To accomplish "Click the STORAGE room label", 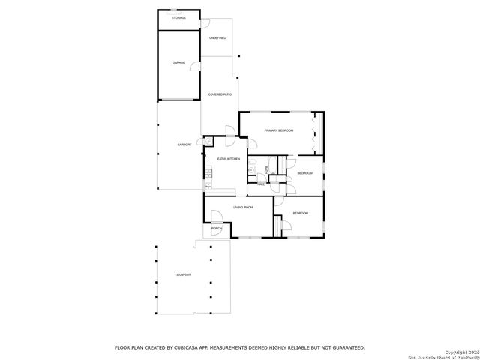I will coord(178,16).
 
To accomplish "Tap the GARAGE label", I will coord(178,63).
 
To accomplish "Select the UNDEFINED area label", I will coord(217,37).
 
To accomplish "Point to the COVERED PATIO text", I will coord(220,94).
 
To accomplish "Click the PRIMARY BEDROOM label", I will coord(278,130).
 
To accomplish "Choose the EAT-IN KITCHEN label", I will coord(228,160).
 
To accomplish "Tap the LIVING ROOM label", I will coord(242,207).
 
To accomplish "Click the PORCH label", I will coord(216,229).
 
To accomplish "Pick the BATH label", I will coord(266,169).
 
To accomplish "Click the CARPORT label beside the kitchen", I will coord(184,144).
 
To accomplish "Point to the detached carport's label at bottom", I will coord(184,275).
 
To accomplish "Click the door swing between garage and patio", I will coord(195,67).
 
